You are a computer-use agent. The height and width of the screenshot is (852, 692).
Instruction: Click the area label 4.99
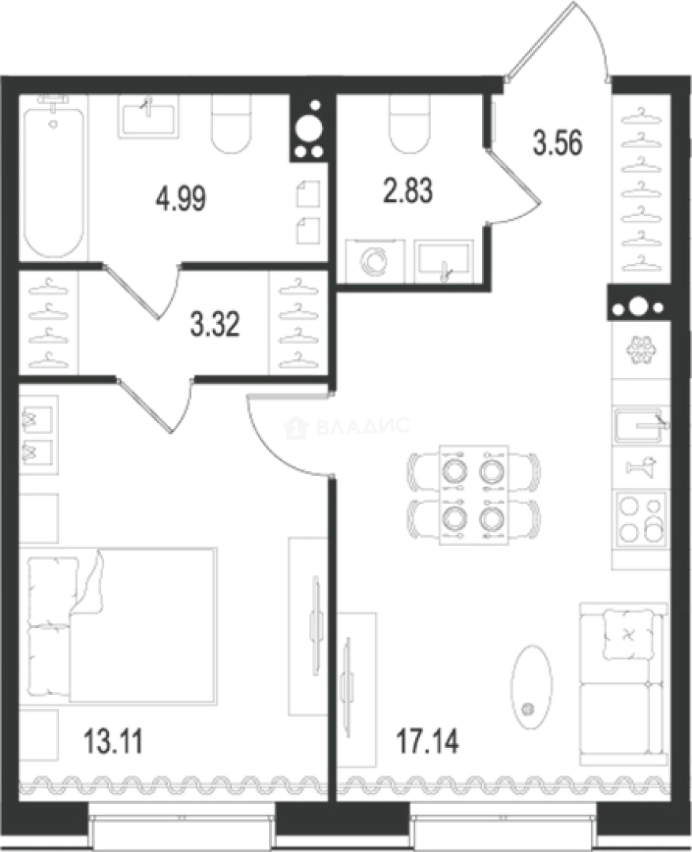[181, 199]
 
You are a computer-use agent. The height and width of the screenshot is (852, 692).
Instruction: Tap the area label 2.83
[408, 191]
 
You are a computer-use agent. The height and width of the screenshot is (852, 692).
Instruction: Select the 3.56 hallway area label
[558, 143]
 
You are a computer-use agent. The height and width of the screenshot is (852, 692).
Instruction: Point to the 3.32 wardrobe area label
[215, 325]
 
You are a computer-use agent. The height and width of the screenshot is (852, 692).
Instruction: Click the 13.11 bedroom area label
[113, 741]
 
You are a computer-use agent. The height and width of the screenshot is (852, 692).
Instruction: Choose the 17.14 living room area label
[427, 741]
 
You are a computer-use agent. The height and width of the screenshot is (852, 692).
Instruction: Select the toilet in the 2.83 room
[410, 124]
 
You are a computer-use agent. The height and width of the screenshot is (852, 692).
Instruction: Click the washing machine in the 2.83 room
[375, 261]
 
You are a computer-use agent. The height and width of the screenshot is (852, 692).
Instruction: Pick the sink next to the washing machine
[443, 261]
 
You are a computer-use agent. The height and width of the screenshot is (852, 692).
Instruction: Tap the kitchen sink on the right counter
[640, 426]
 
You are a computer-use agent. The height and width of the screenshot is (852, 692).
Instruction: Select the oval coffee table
[529, 687]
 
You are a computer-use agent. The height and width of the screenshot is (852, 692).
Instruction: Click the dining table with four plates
[474, 495]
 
